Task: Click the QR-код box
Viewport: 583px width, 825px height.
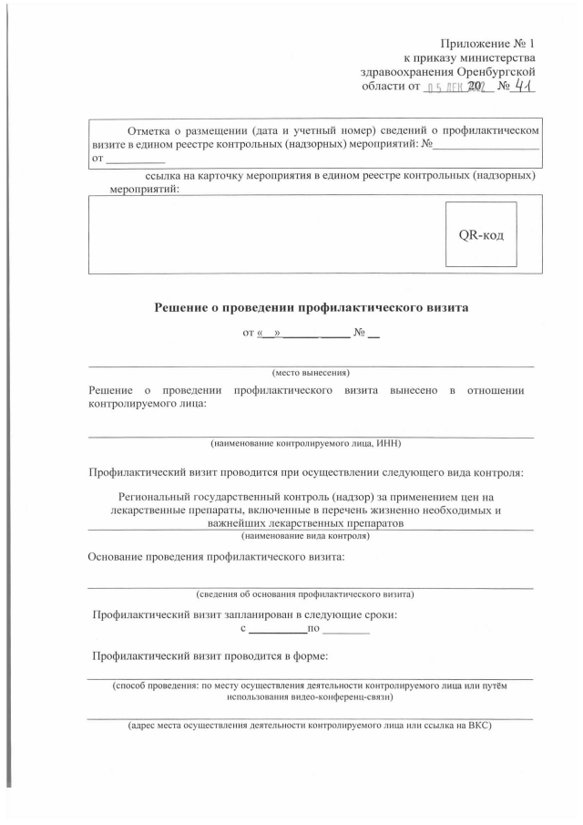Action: coord(481,233)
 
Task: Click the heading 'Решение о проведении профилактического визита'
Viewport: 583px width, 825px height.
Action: coord(311,307)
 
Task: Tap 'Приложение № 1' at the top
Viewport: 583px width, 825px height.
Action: coord(488,43)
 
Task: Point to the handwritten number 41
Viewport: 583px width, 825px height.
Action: coord(520,86)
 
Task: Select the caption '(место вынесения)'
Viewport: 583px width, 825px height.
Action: coord(311,372)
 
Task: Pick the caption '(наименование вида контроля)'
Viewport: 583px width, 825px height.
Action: coord(311,536)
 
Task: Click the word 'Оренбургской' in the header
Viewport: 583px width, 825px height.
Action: coord(496,72)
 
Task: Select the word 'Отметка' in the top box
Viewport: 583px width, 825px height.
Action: coord(152,129)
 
